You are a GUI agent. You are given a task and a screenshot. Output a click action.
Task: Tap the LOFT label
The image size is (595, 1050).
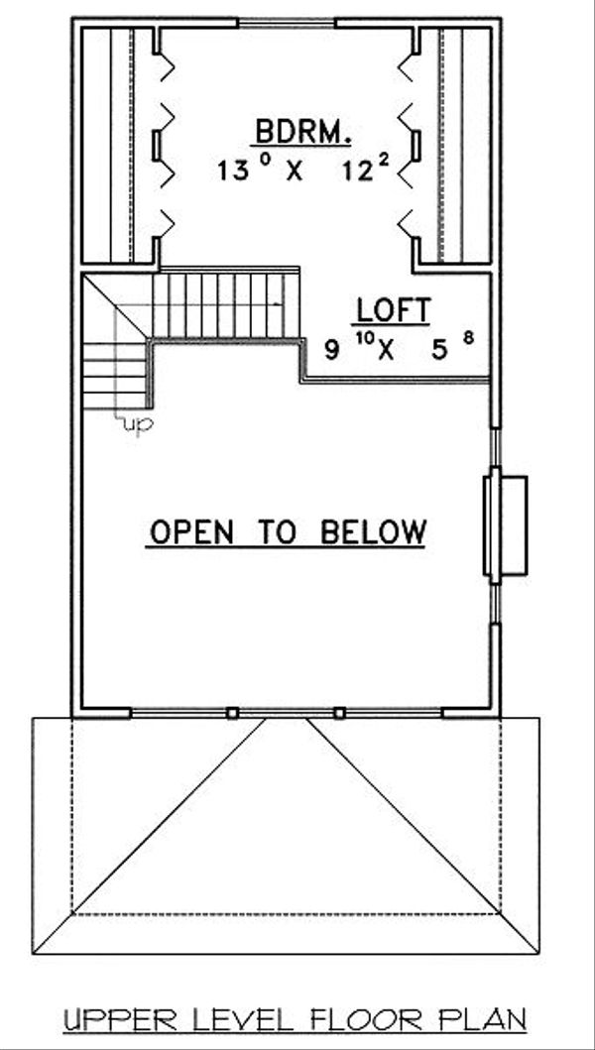(x=392, y=310)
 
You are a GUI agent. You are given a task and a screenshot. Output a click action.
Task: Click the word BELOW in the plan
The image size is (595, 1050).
(x=374, y=532)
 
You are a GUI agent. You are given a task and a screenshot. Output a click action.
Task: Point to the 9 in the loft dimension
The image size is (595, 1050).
(x=331, y=349)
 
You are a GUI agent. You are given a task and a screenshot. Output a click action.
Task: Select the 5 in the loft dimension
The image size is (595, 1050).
(x=439, y=349)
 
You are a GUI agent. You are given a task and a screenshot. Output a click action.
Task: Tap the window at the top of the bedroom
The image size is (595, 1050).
(x=286, y=21)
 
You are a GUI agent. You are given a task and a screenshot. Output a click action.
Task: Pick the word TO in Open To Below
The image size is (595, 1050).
(x=281, y=532)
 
